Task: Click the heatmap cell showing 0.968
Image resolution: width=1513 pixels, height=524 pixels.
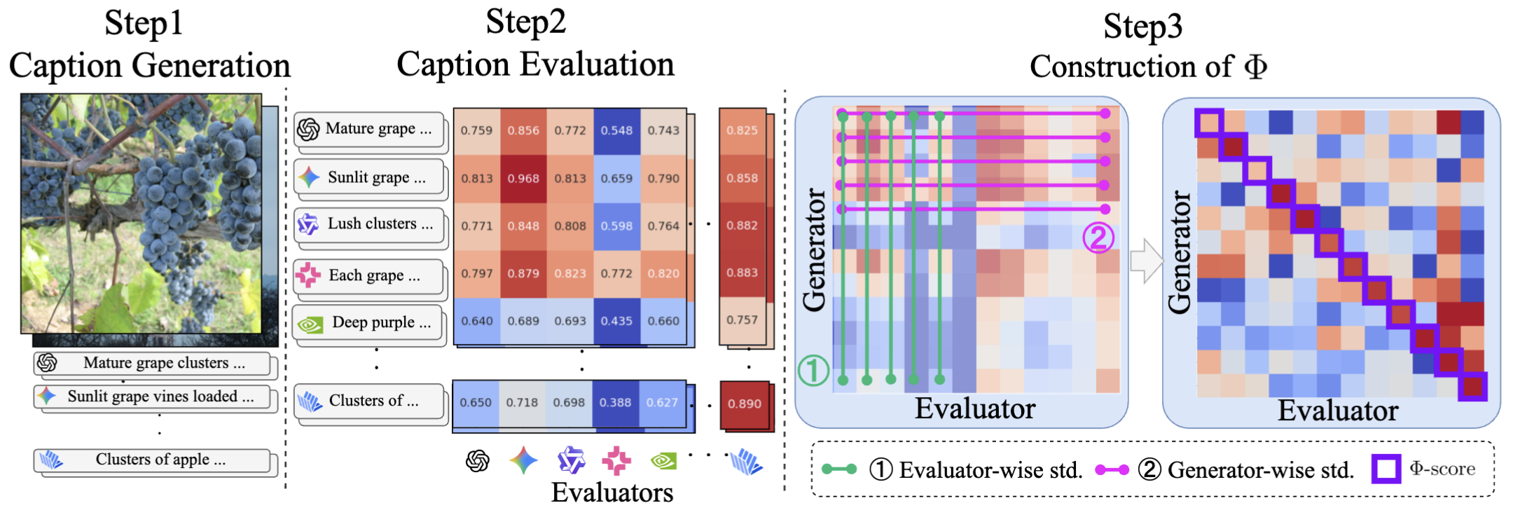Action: (x=523, y=179)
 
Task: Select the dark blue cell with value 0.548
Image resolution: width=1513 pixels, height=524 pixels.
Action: (x=616, y=131)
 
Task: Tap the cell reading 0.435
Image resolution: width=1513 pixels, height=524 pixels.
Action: (x=616, y=321)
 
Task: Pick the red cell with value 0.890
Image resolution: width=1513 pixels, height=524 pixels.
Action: (x=744, y=404)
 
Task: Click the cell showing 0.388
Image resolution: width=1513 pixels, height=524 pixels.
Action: (x=615, y=403)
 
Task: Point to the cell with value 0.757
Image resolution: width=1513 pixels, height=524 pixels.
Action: (x=742, y=320)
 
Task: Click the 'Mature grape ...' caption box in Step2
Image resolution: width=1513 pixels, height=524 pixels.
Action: (x=369, y=130)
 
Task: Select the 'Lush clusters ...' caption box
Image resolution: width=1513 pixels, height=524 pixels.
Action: (x=369, y=224)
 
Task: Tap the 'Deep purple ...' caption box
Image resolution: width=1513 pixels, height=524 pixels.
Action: (x=369, y=323)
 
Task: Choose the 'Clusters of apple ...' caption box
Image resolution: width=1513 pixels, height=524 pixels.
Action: (x=152, y=460)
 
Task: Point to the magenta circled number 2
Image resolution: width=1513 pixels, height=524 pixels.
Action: (x=1098, y=237)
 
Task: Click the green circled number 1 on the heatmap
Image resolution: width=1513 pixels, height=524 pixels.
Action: (x=813, y=370)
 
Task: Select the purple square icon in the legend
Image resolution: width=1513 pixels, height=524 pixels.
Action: (x=1386, y=469)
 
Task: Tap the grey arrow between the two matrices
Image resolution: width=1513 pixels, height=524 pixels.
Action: (x=1145, y=261)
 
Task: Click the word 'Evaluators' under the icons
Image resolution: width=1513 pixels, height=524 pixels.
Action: (x=612, y=493)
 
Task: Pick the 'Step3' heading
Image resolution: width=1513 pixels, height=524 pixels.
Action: (x=1142, y=27)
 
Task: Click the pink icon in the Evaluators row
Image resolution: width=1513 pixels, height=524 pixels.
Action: (x=616, y=460)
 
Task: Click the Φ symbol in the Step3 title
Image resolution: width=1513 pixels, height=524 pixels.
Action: (x=1255, y=67)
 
